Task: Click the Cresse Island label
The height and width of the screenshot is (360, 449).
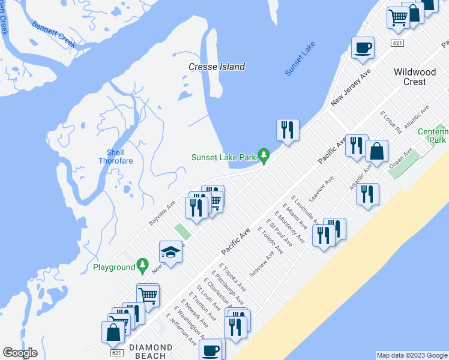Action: pyautogui.click(x=217, y=67)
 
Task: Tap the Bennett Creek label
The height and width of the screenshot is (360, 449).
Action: pyautogui.click(x=53, y=31)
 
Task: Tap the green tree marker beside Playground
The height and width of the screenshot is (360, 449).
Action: pyautogui.click(x=142, y=265)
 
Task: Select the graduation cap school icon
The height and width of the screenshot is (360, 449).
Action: pyautogui.click(x=170, y=252)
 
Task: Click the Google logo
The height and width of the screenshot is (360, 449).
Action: pyautogui.click(x=20, y=353)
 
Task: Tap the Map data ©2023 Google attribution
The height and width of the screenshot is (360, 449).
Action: pyautogui.click(x=411, y=355)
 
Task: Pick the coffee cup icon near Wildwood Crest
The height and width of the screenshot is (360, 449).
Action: pyautogui.click(x=362, y=47)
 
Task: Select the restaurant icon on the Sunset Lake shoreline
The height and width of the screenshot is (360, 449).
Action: pyautogui.click(x=288, y=130)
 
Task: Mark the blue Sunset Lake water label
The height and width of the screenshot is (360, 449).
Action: pyautogui.click(x=300, y=59)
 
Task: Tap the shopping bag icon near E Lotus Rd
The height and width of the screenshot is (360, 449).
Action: pyautogui.click(x=376, y=151)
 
